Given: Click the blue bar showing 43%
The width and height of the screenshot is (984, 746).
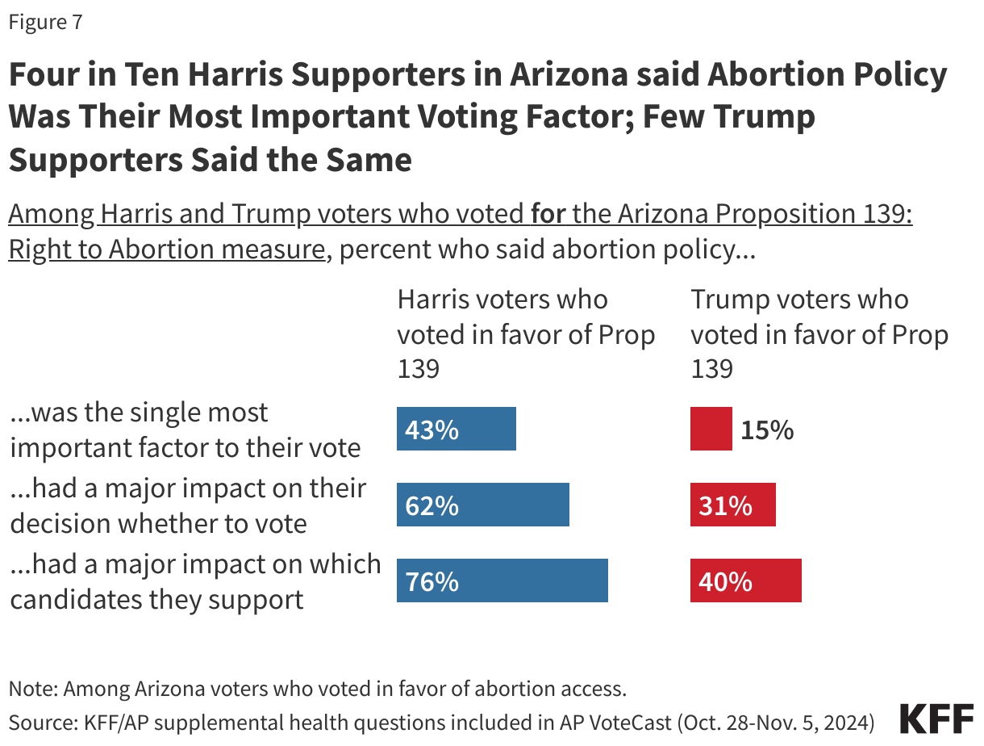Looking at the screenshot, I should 456,429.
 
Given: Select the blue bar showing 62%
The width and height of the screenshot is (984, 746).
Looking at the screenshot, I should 482,505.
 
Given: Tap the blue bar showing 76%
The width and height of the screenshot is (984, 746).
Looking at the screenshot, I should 502,580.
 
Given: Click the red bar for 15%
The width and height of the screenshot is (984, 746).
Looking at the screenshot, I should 711,429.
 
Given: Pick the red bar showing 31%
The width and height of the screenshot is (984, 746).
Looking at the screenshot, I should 732,505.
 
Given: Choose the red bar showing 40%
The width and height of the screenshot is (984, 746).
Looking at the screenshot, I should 745,580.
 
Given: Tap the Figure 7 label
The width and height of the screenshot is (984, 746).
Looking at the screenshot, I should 45,23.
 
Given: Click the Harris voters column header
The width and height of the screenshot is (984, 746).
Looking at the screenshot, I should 526,333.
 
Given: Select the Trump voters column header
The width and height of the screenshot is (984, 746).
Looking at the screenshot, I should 819,333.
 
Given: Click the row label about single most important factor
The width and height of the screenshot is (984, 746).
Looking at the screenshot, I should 186,429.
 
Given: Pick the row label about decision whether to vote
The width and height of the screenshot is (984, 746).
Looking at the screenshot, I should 188,505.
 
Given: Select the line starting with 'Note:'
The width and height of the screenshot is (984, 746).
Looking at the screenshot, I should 317,689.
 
